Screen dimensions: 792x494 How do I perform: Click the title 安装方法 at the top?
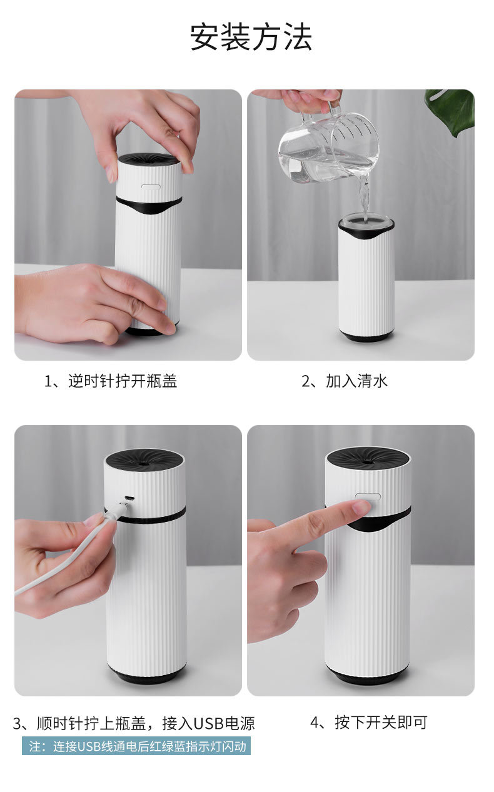coord(251,38)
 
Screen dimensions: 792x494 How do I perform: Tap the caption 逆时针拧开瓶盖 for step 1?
coord(111,381)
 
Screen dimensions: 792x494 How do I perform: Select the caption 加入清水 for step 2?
coord(345,381)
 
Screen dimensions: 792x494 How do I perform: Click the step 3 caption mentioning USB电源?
coord(134,724)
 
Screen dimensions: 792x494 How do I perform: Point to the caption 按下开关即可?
coord(369,723)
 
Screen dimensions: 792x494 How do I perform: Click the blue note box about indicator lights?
coord(136,746)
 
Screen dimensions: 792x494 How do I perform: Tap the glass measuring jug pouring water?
coord(328,147)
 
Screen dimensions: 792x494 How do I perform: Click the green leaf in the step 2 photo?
coord(451,109)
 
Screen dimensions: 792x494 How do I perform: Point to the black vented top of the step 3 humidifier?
coord(143,458)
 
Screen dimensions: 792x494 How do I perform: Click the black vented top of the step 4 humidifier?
coord(368,457)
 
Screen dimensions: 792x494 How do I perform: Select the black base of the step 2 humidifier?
coord(367,336)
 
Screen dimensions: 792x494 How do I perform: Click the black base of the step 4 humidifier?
coord(367,676)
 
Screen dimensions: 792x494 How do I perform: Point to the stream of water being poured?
coord(363,194)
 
